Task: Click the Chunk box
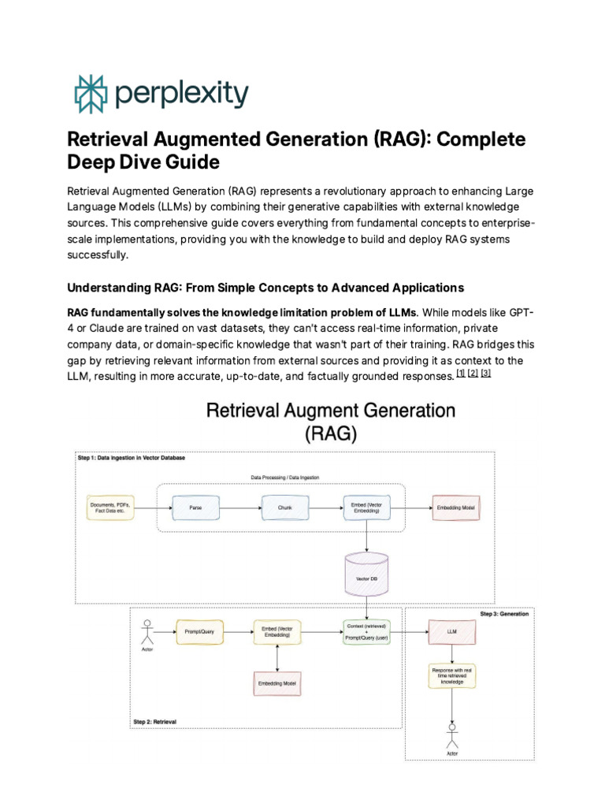coord(284,508)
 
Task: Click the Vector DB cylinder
coord(368,575)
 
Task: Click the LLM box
coord(451,632)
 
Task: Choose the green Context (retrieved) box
coord(368,632)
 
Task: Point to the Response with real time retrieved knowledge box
coord(451,675)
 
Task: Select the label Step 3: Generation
coord(504,614)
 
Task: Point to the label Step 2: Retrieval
coord(155,721)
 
